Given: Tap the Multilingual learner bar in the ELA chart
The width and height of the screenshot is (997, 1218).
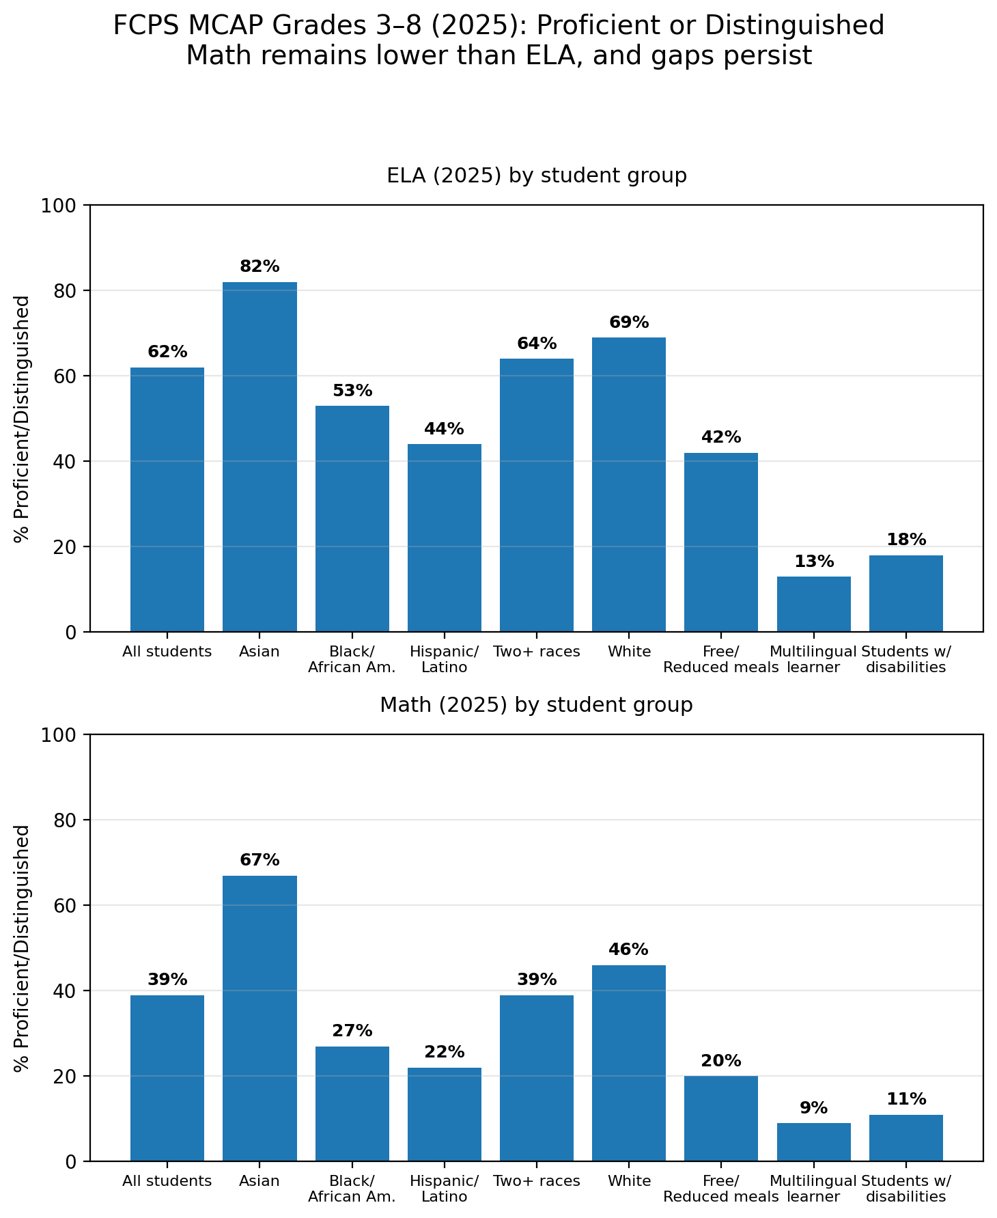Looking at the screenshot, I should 813,604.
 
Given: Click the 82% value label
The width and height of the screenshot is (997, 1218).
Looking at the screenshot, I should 259,267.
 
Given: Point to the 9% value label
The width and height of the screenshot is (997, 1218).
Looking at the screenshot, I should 813,1108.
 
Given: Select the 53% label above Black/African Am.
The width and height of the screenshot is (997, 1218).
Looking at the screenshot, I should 352,391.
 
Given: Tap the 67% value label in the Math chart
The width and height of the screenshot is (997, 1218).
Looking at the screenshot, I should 259,860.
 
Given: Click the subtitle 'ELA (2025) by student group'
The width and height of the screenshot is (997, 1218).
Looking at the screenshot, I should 536,176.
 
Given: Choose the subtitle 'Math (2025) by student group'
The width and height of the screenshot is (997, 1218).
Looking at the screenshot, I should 536,705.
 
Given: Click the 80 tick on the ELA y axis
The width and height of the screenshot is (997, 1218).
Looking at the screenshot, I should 65,291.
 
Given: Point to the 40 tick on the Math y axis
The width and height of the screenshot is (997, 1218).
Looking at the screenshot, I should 65,991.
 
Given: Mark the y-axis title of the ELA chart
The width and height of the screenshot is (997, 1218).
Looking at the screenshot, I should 23,418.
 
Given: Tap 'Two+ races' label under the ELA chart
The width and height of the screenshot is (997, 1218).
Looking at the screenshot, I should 536,652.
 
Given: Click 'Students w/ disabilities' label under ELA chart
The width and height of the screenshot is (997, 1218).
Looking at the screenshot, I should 905,659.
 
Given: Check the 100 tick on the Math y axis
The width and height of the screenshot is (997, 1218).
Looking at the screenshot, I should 61,735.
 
